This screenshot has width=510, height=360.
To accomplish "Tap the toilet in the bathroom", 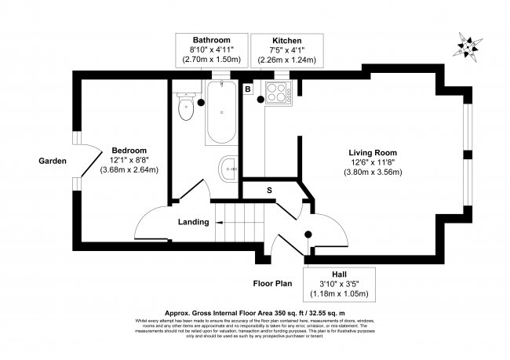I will pyautogui.click(x=186, y=107).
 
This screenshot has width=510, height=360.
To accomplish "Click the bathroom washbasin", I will pyautogui.click(x=229, y=166).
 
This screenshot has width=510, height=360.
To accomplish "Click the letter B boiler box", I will pyautogui.click(x=249, y=90).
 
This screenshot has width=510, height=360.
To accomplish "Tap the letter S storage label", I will pyautogui.click(x=269, y=191).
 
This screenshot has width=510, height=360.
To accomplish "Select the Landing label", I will pyautogui.click(x=193, y=222).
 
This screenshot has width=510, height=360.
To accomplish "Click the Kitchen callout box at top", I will pyautogui.click(x=286, y=49).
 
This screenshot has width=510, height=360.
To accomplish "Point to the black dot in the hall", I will pyautogui.click(x=308, y=235).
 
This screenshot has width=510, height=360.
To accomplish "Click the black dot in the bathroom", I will pyautogui.click(x=202, y=102).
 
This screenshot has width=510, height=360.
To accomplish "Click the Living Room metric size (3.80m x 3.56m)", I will pyautogui.click(x=373, y=173).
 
